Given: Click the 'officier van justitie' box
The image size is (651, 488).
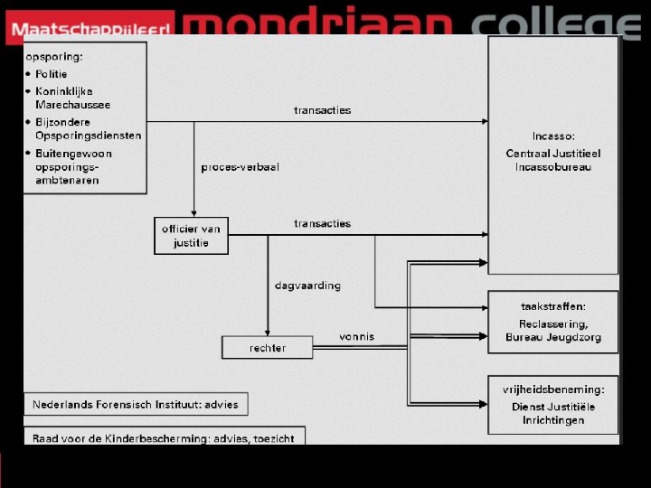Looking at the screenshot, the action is tap(191, 235).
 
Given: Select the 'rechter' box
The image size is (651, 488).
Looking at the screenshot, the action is tap(267, 347).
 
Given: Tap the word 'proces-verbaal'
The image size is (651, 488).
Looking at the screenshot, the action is tap(240, 167).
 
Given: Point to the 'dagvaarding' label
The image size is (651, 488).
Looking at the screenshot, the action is tap(307, 285).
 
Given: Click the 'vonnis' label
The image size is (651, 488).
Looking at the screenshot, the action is tap(356, 336).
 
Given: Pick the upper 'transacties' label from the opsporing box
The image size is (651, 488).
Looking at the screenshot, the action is tap(322, 110).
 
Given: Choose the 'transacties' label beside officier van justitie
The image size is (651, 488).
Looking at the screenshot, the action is tap(322, 223).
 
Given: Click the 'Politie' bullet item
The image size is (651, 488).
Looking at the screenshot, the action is tap(51, 74).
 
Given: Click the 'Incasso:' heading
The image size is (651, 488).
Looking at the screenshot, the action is tap(552, 136).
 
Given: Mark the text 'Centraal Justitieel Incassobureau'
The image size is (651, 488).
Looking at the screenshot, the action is tap(552, 160).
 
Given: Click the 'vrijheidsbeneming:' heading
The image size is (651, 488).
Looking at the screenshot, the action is tap(553, 389).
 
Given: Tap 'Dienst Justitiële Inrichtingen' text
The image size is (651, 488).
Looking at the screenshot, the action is tap(553, 413).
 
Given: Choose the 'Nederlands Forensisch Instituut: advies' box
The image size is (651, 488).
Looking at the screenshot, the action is tap(136, 404).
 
